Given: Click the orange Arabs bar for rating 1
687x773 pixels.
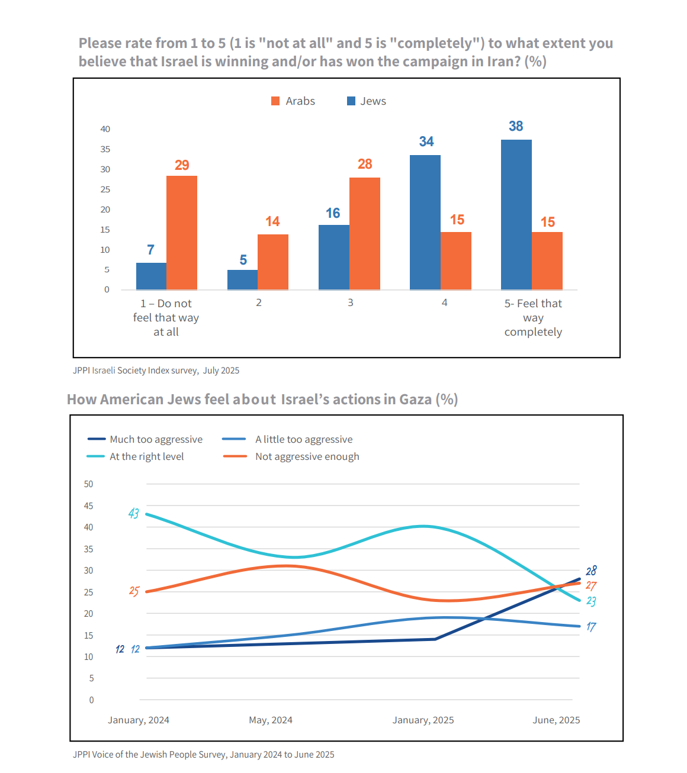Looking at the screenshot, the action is [182, 233].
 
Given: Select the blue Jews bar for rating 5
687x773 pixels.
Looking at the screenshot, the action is [516, 214].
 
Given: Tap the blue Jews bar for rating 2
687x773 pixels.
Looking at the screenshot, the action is [242, 280].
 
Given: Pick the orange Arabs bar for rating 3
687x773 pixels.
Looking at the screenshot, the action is [365, 234].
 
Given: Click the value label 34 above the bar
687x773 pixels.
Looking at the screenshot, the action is [426, 141].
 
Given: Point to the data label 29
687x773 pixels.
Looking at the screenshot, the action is [182, 165].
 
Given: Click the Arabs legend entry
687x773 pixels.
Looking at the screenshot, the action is [293, 101].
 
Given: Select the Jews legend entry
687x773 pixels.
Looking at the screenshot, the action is [366, 101].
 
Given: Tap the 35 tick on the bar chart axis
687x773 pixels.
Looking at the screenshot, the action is [105, 149].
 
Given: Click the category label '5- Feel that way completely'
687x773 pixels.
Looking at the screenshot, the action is [533, 317].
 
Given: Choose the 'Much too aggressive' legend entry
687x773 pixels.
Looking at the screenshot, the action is [145, 439].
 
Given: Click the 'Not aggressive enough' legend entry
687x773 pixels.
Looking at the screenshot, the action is [291, 456].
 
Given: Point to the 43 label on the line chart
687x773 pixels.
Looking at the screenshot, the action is [134, 514].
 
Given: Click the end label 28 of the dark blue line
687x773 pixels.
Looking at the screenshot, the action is [591, 571].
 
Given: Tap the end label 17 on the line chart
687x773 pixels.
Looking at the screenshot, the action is [591, 627].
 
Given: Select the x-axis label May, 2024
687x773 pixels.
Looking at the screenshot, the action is [271, 720].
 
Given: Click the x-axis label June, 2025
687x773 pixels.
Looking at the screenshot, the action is [556, 720].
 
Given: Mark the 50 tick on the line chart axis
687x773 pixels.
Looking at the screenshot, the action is [88, 484].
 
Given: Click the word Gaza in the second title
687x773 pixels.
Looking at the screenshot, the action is [415, 399].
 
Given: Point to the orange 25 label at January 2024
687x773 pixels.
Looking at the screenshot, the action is [134, 591].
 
